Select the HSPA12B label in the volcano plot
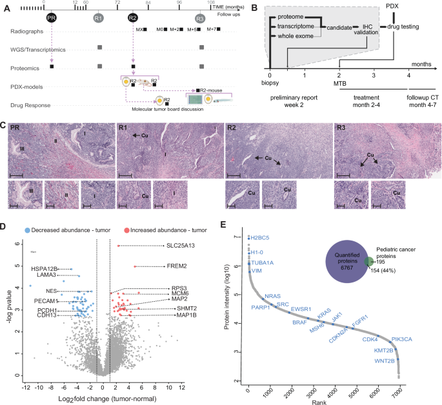[x=43, y=268]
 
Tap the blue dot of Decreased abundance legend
[x=26, y=230]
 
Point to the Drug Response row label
[x=32, y=103]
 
